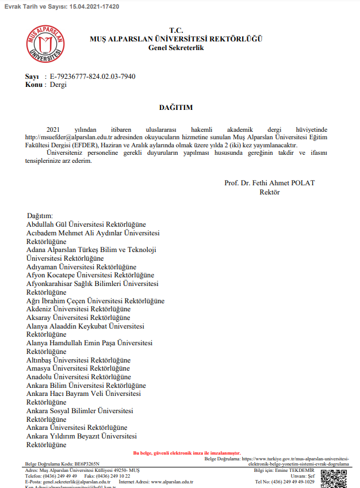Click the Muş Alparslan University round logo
tap(45, 44)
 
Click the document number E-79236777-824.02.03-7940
tap(93, 77)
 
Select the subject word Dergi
tap(58, 85)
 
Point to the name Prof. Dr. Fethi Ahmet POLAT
tap(269, 183)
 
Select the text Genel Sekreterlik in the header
tap(176, 48)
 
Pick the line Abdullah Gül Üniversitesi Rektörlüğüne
tap(86, 224)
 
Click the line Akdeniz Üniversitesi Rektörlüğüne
tap(78, 309)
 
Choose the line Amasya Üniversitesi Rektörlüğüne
tap(78, 368)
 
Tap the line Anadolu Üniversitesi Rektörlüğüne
tap(79, 377)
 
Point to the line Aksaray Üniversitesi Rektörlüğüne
tap(78, 318)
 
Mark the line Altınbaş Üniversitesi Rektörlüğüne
tap(78, 360)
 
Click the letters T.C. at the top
tap(176, 30)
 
